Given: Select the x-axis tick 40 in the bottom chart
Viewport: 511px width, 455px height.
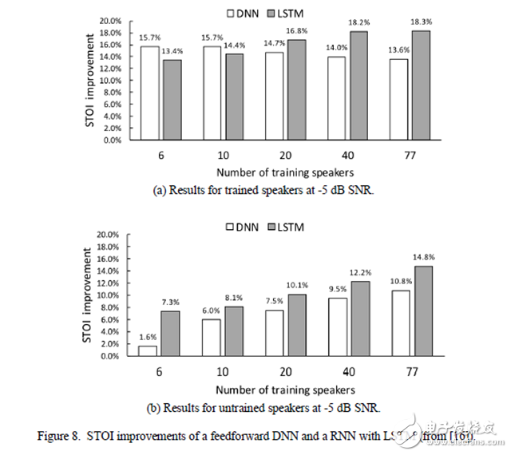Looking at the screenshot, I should (348, 371).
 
